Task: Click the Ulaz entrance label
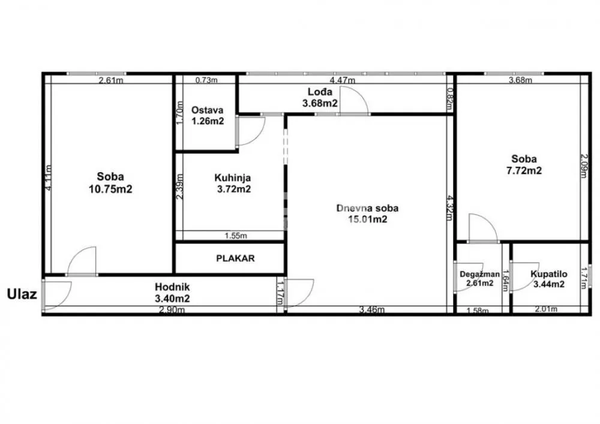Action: click(22, 294)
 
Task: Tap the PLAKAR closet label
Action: click(235, 258)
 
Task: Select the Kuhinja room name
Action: click(232, 178)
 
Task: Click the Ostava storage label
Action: click(208, 110)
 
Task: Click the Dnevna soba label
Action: click(367, 208)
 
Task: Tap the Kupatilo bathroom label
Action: click(547, 274)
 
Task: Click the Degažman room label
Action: click(479, 274)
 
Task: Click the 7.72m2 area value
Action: click(524, 170)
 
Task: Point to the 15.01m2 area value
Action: click(367, 219)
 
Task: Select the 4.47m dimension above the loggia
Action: click(343, 80)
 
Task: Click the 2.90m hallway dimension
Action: click(172, 309)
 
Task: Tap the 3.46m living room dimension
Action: click(369, 309)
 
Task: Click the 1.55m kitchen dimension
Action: click(235, 236)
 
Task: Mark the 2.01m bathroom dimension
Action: click(546, 309)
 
